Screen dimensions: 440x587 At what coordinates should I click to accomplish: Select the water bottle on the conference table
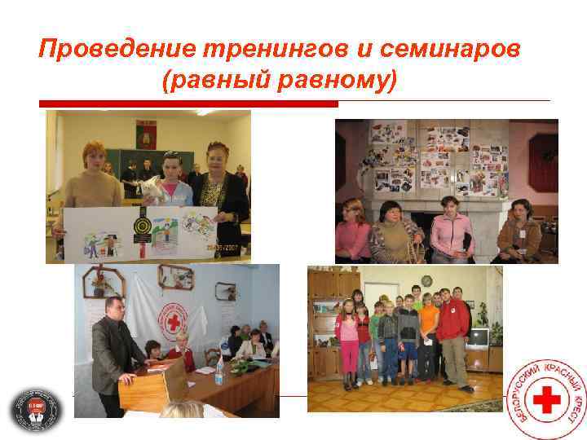pos(219,372)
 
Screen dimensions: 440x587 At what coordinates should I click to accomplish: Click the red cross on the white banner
pos(174,322)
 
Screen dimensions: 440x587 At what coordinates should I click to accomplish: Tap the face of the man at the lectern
pos(113,309)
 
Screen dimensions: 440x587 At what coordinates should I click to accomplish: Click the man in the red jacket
pos(454,326)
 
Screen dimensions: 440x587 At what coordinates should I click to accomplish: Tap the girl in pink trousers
pos(349,342)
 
